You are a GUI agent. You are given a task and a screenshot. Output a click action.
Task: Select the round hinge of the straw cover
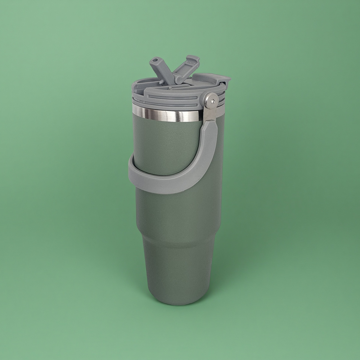177,78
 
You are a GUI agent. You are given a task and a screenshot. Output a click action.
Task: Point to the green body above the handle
166,144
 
